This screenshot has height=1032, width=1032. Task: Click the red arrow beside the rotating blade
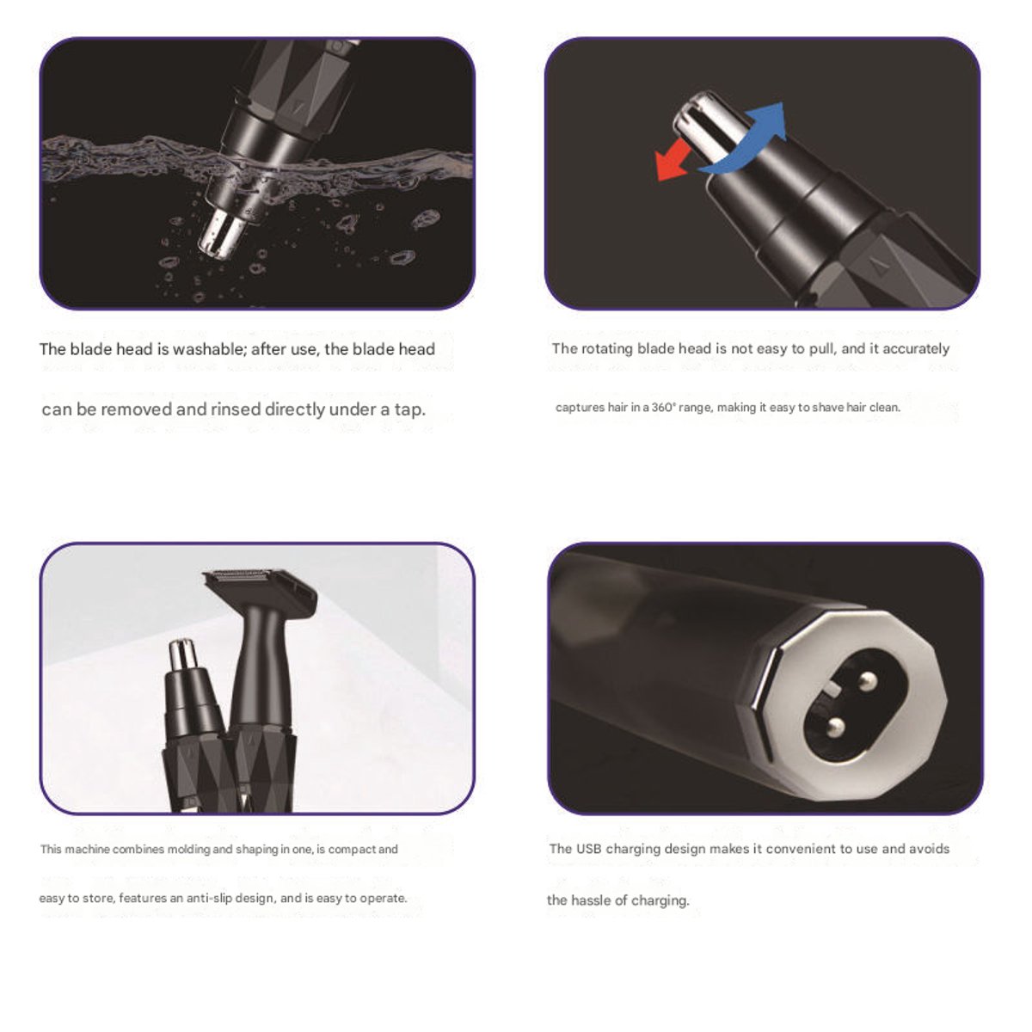pyautogui.click(x=673, y=161)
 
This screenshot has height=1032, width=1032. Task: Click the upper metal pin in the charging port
pyautogui.click(x=868, y=681)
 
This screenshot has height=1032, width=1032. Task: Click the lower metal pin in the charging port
pyautogui.click(x=835, y=727)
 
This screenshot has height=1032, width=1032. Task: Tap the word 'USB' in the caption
pyautogui.click(x=588, y=849)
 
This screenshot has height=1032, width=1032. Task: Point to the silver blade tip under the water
pyautogui.click(x=221, y=234)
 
